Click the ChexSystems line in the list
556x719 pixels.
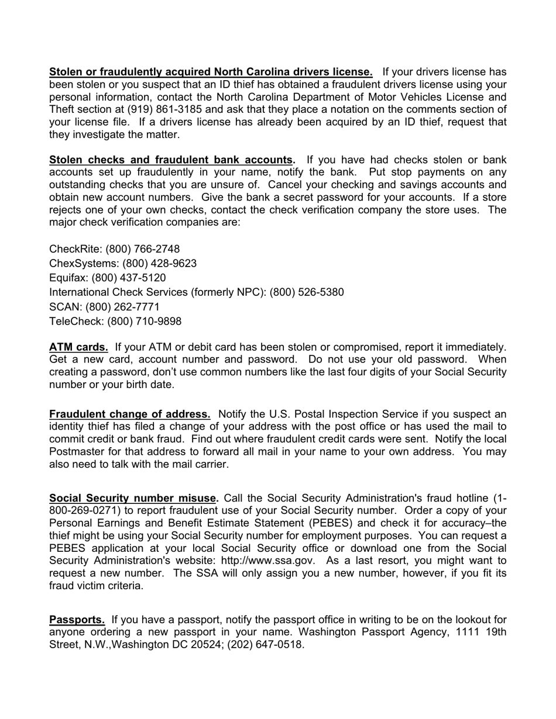[123, 264]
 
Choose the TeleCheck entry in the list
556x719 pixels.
[115, 322]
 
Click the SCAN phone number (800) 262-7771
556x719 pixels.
[122, 307]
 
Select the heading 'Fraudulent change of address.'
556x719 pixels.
[130, 414]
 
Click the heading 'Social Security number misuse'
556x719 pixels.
[133, 498]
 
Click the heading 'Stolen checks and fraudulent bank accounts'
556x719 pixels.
[171, 160]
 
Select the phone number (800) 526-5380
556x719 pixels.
[307, 292]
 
